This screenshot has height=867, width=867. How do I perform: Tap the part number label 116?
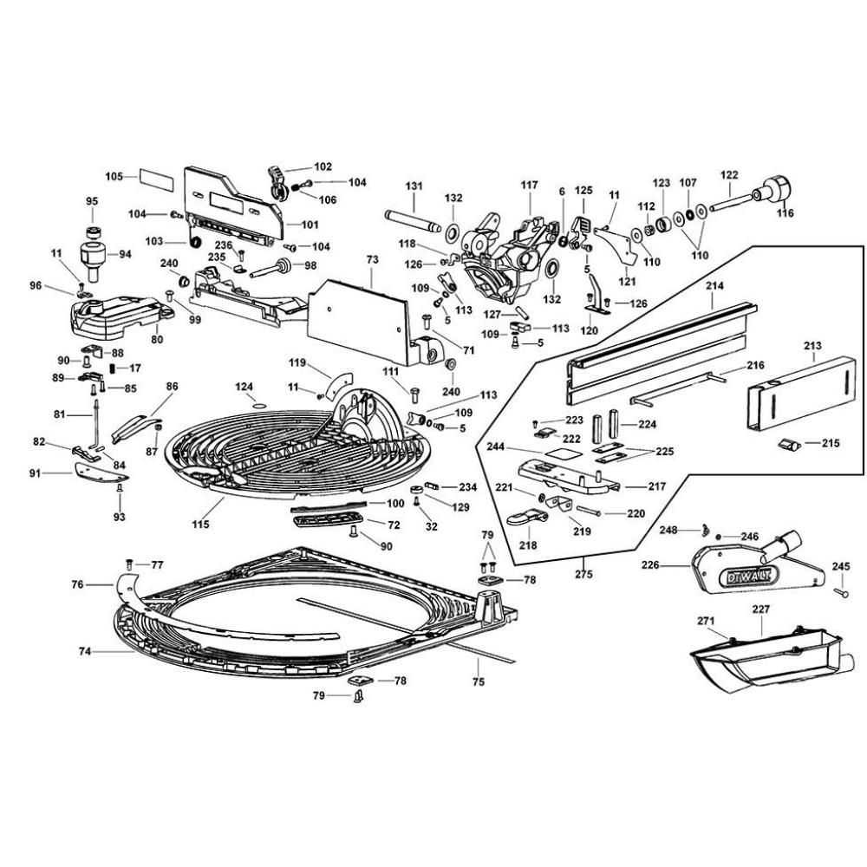pyautogui.click(x=785, y=212)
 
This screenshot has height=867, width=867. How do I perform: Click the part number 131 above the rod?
pyautogui.click(x=414, y=186)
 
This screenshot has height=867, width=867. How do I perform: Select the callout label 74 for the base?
pyautogui.click(x=85, y=650)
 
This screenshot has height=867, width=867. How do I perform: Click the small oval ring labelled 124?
pyautogui.click(x=256, y=404)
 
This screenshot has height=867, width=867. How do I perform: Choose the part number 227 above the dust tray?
pyautogui.click(x=760, y=610)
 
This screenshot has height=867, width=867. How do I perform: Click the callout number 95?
pyautogui.click(x=92, y=201)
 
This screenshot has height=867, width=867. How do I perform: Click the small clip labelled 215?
pyautogui.click(x=788, y=444)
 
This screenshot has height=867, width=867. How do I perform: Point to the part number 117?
pyautogui.click(x=529, y=186)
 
